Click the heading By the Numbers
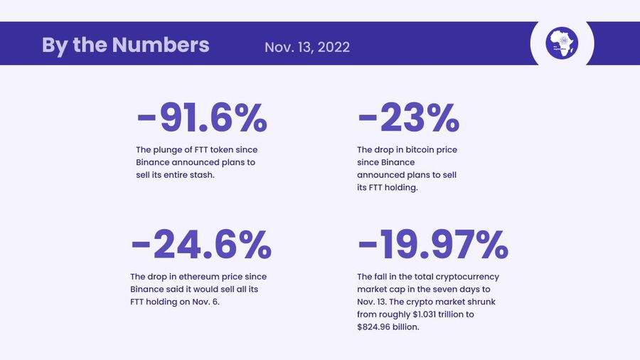coord(125,45)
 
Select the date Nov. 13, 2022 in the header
coord(306,47)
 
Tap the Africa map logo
coord(562,43)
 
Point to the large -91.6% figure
coord(201,118)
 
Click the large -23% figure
coord(408,118)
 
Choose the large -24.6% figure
coord(201,245)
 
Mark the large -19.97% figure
coord(432,245)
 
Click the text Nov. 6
coord(208,302)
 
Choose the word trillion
coord(449,314)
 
